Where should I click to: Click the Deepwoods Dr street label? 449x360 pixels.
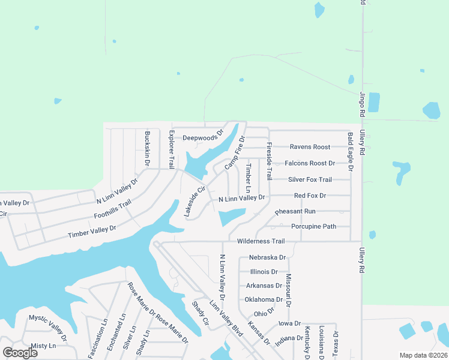point(203,136)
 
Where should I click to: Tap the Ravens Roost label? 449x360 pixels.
point(310,147)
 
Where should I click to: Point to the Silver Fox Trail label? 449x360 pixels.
point(310,179)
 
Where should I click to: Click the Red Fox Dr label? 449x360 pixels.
point(310,196)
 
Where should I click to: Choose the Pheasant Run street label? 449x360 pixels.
point(295,212)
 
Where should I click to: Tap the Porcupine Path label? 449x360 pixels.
point(313,227)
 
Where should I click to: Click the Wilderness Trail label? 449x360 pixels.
point(261,241)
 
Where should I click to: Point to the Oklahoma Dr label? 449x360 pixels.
point(264,299)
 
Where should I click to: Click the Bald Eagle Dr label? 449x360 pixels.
point(351,152)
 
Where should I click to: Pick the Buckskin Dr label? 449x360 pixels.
point(148,148)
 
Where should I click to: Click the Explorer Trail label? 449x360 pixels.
point(172,149)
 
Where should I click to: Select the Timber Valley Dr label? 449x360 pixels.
point(92,232)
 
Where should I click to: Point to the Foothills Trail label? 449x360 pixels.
point(113,209)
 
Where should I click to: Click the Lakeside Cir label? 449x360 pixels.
point(194,201)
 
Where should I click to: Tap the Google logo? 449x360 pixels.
point(20,353)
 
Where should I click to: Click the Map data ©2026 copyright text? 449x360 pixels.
point(423,355)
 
